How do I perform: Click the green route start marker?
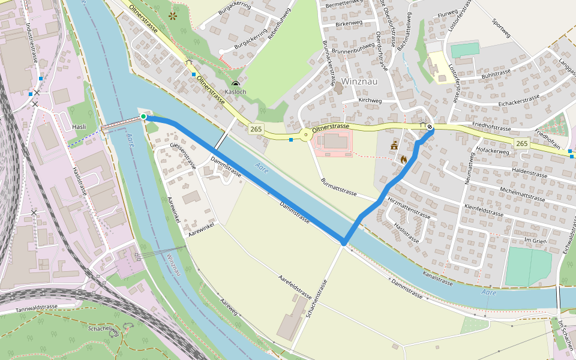pos(143,116)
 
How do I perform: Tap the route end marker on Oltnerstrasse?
pos(430,127)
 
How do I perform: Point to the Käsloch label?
pos(235,92)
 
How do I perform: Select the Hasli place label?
pos(79,127)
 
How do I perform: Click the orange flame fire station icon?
pos(403,160)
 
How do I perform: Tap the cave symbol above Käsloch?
pos(235,84)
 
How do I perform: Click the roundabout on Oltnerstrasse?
pos(307,135)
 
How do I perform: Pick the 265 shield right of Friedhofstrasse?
pos(521,143)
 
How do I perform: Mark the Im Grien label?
pos(536,240)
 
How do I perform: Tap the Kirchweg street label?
pos(370,100)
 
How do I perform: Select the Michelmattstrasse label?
pos(518,194)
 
